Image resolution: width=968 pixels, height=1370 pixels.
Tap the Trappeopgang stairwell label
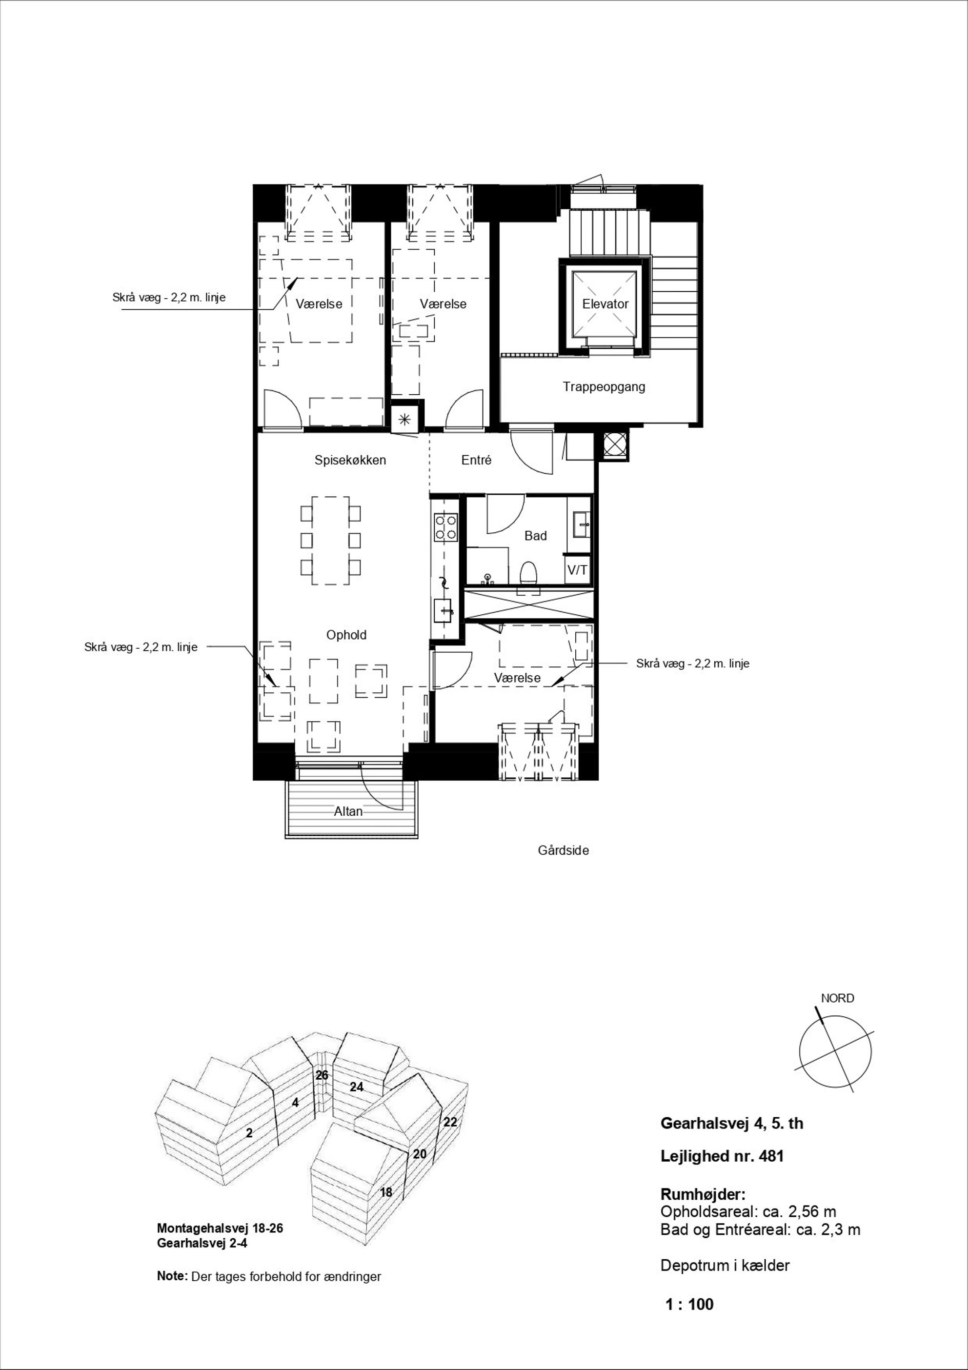[x=604, y=387]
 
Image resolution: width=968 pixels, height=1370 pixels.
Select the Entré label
[x=476, y=460]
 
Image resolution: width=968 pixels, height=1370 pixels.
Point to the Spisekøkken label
[x=350, y=460]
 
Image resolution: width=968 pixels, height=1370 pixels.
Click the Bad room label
[x=535, y=536]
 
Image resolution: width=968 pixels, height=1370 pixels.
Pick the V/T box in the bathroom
[x=577, y=570]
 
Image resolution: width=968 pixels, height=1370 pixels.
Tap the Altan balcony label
[x=348, y=811]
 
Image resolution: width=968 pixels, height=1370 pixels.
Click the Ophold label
[x=346, y=635]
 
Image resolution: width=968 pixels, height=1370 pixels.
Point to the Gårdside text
[x=564, y=850]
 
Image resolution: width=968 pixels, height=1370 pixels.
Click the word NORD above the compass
[x=837, y=998]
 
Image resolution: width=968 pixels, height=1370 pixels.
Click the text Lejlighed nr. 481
[x=722, y=1156]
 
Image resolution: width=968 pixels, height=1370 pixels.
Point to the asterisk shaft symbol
[x=404, y=420]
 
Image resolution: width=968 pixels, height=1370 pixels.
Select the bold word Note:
[x=172, y=1276]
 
